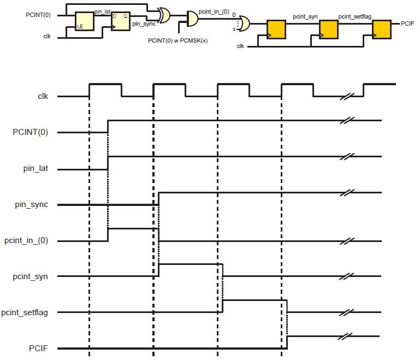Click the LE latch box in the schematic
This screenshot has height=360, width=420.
84,22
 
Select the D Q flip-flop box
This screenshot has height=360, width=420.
121,22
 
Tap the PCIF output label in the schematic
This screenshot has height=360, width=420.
407,23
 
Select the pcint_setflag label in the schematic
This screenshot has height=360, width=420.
354,17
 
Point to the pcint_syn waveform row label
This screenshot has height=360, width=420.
31,276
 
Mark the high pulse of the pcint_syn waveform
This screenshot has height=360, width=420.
191,264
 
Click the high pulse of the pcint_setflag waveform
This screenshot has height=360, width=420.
255,300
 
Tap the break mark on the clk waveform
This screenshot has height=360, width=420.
346,97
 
